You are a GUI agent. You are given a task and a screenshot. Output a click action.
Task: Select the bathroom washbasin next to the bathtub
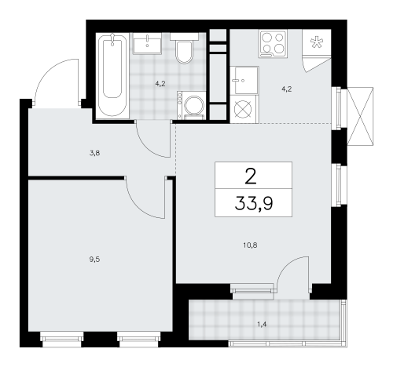coord(148,43)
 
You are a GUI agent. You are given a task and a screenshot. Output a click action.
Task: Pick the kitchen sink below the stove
coord(245,79)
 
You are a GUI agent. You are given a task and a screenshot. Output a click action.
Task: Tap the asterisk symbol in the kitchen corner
coord(318,42)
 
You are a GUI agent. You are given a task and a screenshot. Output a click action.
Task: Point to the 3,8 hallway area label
coord(94,154)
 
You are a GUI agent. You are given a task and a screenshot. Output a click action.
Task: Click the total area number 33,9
coord(254,206)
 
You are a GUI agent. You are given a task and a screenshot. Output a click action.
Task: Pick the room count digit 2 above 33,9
coord(253,175)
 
